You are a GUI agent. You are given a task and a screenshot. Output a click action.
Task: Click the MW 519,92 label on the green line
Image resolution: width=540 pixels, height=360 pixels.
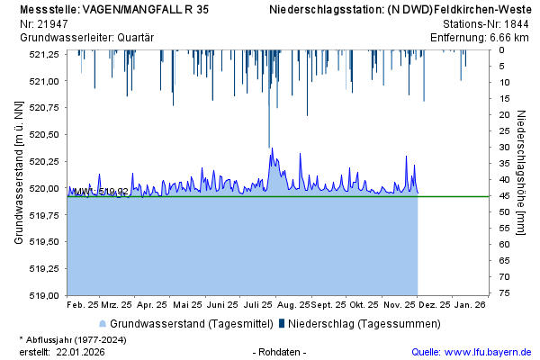(101, 192)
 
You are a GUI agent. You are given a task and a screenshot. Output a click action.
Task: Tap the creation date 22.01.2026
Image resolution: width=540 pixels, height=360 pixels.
(80, 351)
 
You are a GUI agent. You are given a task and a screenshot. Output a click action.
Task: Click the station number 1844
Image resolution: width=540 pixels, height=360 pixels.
(515, 22)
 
